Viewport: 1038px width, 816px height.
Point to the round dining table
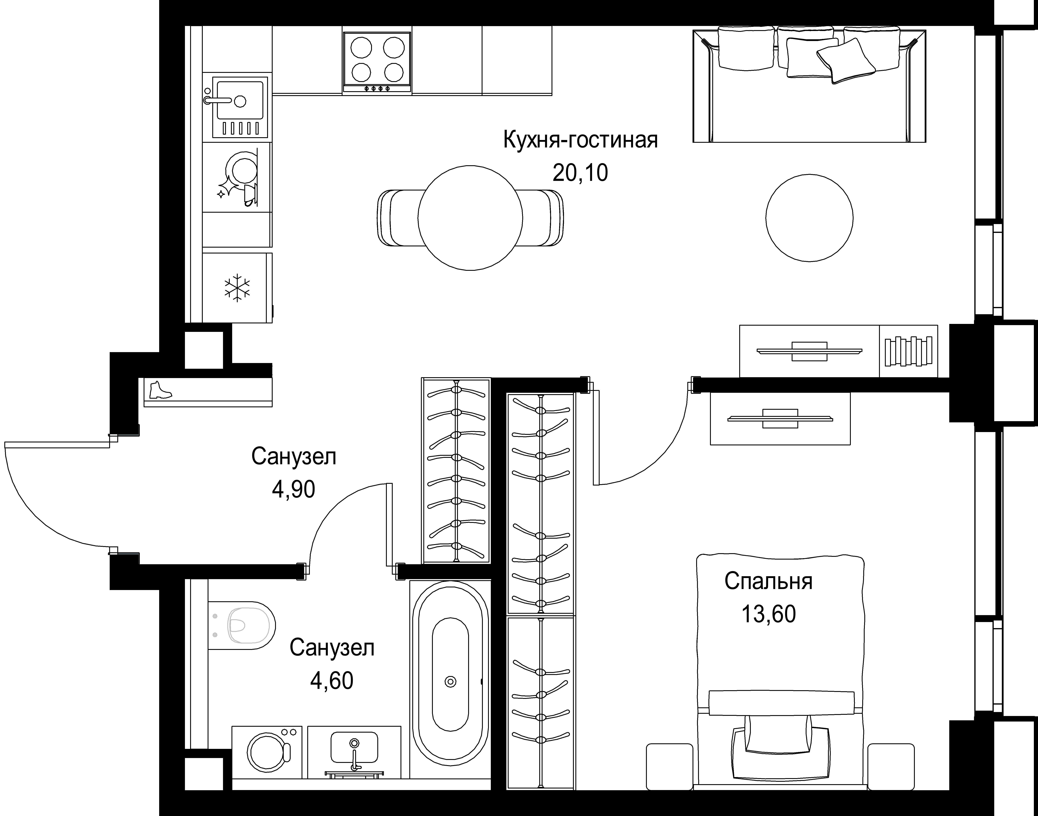[470, 218]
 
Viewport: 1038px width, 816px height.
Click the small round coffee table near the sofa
[809, 217]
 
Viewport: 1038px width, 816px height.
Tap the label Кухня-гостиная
[580, 140]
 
